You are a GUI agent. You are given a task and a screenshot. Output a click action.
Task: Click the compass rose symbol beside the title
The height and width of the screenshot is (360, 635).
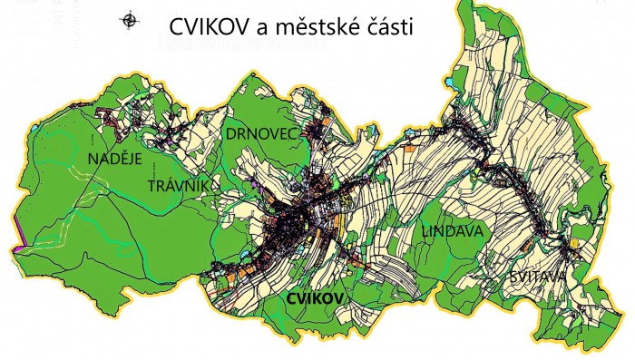(x=130, y=19)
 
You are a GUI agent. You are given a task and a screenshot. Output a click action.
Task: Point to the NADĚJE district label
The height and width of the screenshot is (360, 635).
(x=114, y=160)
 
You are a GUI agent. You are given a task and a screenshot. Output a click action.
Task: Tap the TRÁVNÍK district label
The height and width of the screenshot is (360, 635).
(x=180, y=187)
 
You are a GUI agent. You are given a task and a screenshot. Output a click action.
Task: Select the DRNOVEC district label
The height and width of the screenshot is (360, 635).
(x=262, y=134)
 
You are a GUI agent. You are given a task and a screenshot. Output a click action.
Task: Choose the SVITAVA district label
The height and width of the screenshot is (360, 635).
(x=538, y=276)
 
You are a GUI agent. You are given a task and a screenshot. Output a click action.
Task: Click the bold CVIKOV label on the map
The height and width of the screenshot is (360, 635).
(x=315, y=298)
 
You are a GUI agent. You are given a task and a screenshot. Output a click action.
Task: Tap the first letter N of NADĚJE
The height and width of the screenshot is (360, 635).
(x=93, y=160)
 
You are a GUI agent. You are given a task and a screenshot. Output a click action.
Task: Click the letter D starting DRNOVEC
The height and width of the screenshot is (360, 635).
(x=231, y=134)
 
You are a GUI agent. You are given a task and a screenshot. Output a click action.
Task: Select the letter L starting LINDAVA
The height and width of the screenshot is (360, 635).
(x=425, y=233)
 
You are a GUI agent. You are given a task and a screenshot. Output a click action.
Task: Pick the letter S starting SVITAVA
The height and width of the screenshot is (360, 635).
(x=513, y=276)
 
